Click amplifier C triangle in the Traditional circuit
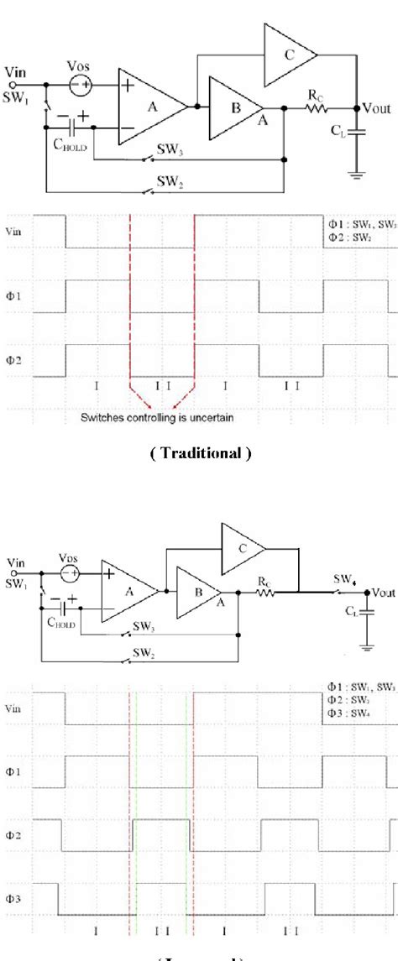288,55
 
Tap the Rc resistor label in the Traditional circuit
315,97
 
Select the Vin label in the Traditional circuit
14,72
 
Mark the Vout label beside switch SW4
383,592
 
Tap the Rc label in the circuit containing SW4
267,581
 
